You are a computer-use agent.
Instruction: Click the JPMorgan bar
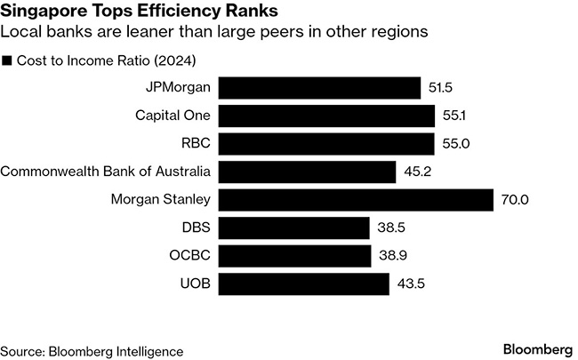(319, 88)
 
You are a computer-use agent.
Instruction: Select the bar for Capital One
(326, 116)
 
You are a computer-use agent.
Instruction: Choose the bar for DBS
(293, 228)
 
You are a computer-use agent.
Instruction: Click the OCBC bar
(294, 256)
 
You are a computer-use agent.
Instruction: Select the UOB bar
(303, 284)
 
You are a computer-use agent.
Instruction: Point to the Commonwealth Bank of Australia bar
(307, 172)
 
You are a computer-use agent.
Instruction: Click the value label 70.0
(515, 200)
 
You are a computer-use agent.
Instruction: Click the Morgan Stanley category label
(162, 200)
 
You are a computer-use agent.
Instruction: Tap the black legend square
(8, 60)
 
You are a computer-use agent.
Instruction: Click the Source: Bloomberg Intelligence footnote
(92, 350)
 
